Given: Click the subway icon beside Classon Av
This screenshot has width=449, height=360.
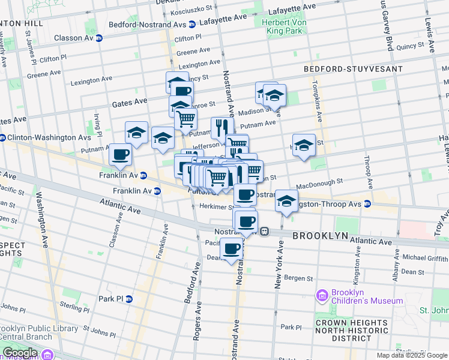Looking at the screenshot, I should [x=99, y=38].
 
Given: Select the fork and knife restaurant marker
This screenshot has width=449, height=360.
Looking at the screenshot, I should [x=221, y=128].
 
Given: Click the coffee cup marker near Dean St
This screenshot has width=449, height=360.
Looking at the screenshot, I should [x=232, y=248].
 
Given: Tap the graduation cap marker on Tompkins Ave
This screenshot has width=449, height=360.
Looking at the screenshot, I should [x=304, y=145].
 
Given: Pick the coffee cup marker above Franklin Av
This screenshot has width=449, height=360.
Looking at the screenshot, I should [x=120, y=154].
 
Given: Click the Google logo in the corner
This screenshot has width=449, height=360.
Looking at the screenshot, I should [x=19, y=353].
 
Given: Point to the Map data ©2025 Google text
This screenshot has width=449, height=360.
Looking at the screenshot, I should [x=411, y=355].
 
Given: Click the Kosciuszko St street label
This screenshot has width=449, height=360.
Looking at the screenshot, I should [x=193, y=9].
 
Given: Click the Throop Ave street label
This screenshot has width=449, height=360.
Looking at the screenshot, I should [x=368, y=170].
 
